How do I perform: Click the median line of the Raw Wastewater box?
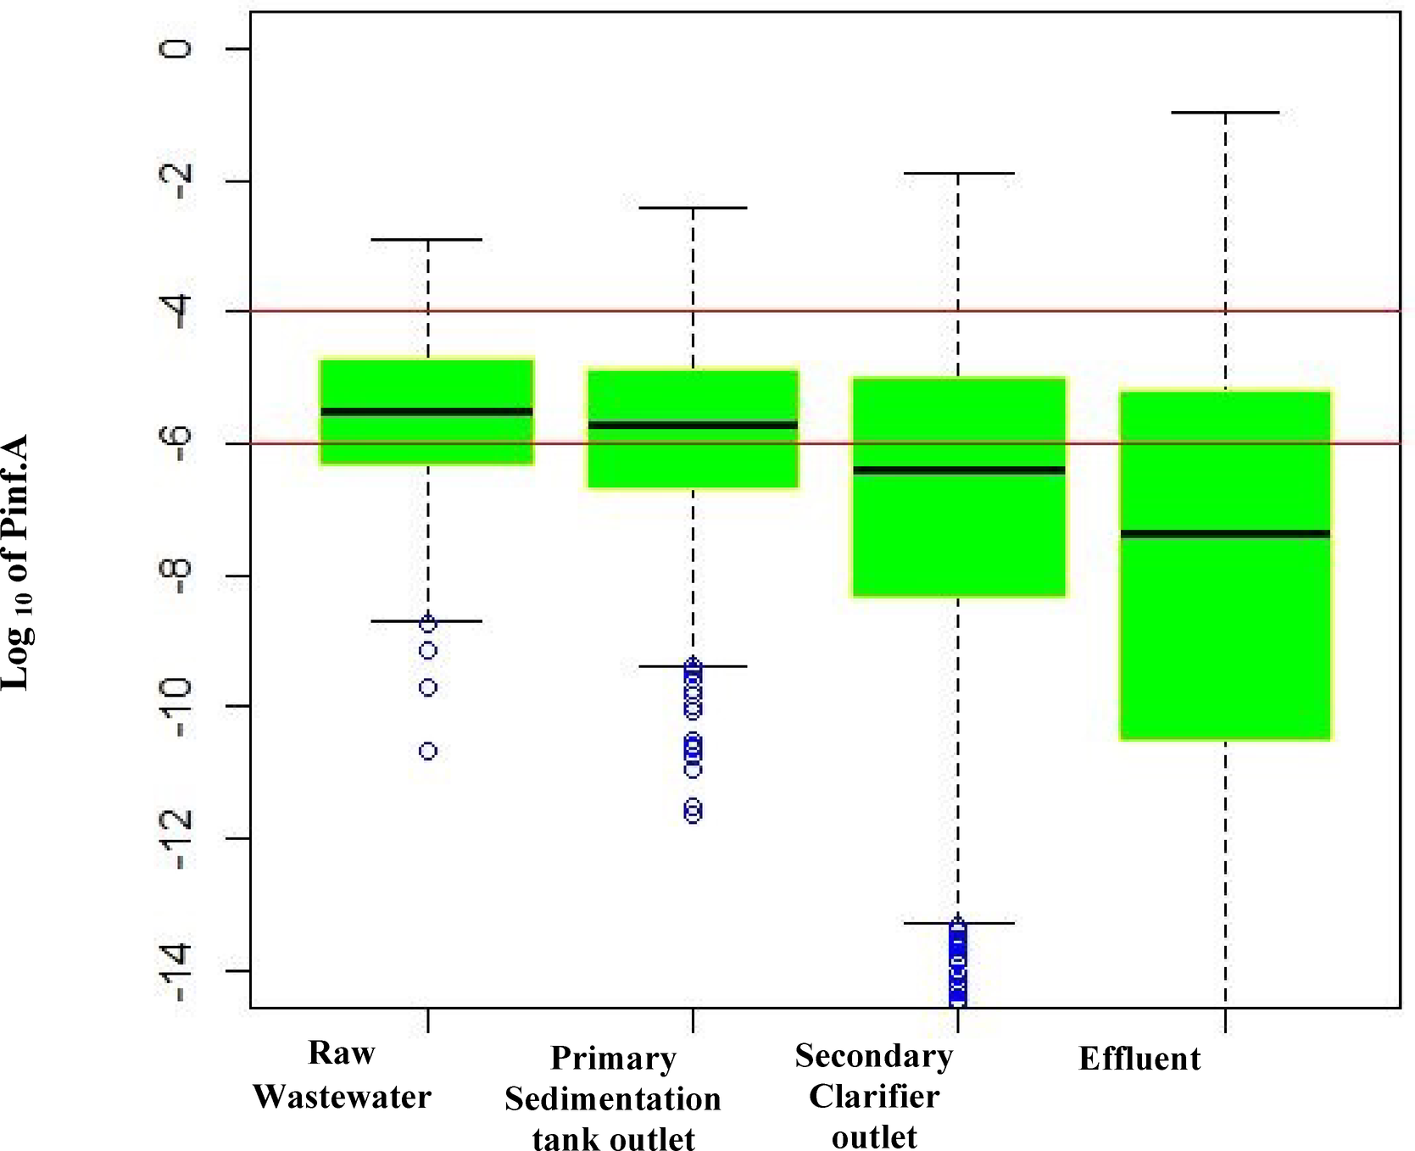426,412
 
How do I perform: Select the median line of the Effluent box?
1225,534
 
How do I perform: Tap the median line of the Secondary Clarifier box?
958,470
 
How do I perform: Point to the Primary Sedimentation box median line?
693,425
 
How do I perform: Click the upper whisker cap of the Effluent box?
1226,112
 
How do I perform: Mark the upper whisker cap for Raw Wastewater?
427,240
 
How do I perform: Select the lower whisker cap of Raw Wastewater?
427,621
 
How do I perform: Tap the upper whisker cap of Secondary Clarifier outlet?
958,173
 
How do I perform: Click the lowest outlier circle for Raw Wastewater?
429,752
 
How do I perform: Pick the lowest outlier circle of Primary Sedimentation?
694,814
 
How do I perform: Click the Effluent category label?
1139,1059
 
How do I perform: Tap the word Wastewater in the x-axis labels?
343,1097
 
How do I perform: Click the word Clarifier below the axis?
874,1097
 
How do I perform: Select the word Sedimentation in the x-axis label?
613,1099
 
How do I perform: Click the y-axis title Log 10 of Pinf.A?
16,562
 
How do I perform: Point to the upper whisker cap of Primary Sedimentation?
693,208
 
